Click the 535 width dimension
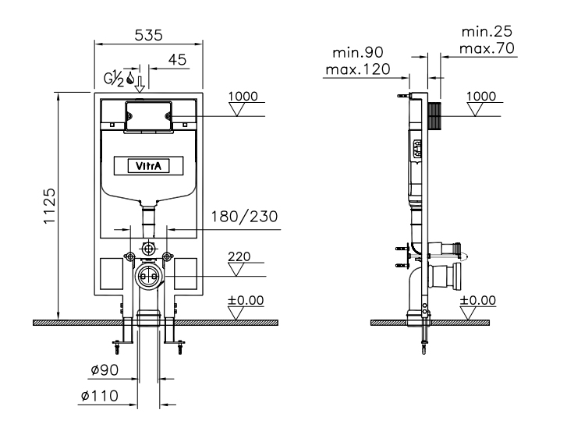(x=149, y=35)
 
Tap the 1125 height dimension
(x=49, y=206)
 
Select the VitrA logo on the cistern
(x=148, y=166)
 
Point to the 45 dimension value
(x=177, y=59)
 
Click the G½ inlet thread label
(x=114, y=79)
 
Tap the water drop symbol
(x=130, y=78)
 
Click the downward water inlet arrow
(x=140, y=84)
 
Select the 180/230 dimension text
(x=244, y=217)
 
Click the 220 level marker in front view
(x=239, y=256)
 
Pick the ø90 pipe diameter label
(x=105, y=370)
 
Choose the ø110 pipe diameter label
(x=100, y=396)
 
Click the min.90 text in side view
(x=358, y=52)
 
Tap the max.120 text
(x=358, y=69)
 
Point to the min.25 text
(x=487, y=31)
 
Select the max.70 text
(x=487, y=48)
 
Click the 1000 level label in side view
(x=481, y=96)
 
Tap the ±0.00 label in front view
(x=246, y=300)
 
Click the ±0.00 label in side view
(x=477, y=300)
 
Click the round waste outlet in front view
(x=148, y=277)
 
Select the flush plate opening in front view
(x=148, y=116)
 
